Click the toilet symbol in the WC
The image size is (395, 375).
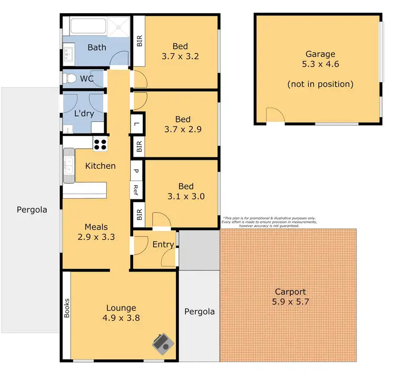click(x=68, y=79)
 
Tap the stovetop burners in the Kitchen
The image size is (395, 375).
click(x=100, y=143)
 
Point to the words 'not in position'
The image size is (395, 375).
click(x=320, y=84)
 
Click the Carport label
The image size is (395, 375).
click(x=290, y=292)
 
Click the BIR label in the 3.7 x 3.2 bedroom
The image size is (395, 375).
click(x=140, y=41)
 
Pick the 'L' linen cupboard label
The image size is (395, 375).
click(x=136, y=124)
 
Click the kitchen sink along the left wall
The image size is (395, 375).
click(x=69, y=162)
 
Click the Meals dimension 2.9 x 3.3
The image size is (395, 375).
click(x=97, y=237)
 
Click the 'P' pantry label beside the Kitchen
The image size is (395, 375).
click(x=136, y=171)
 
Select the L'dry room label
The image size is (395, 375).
click(x=84, y=113)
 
